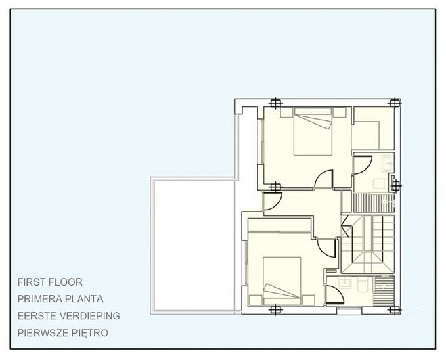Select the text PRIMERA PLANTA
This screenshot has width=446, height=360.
65,298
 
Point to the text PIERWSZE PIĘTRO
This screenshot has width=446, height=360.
63,332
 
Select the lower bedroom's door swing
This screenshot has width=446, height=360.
330,248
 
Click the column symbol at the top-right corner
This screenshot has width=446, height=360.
395,104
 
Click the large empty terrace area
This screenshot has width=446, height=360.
193,247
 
